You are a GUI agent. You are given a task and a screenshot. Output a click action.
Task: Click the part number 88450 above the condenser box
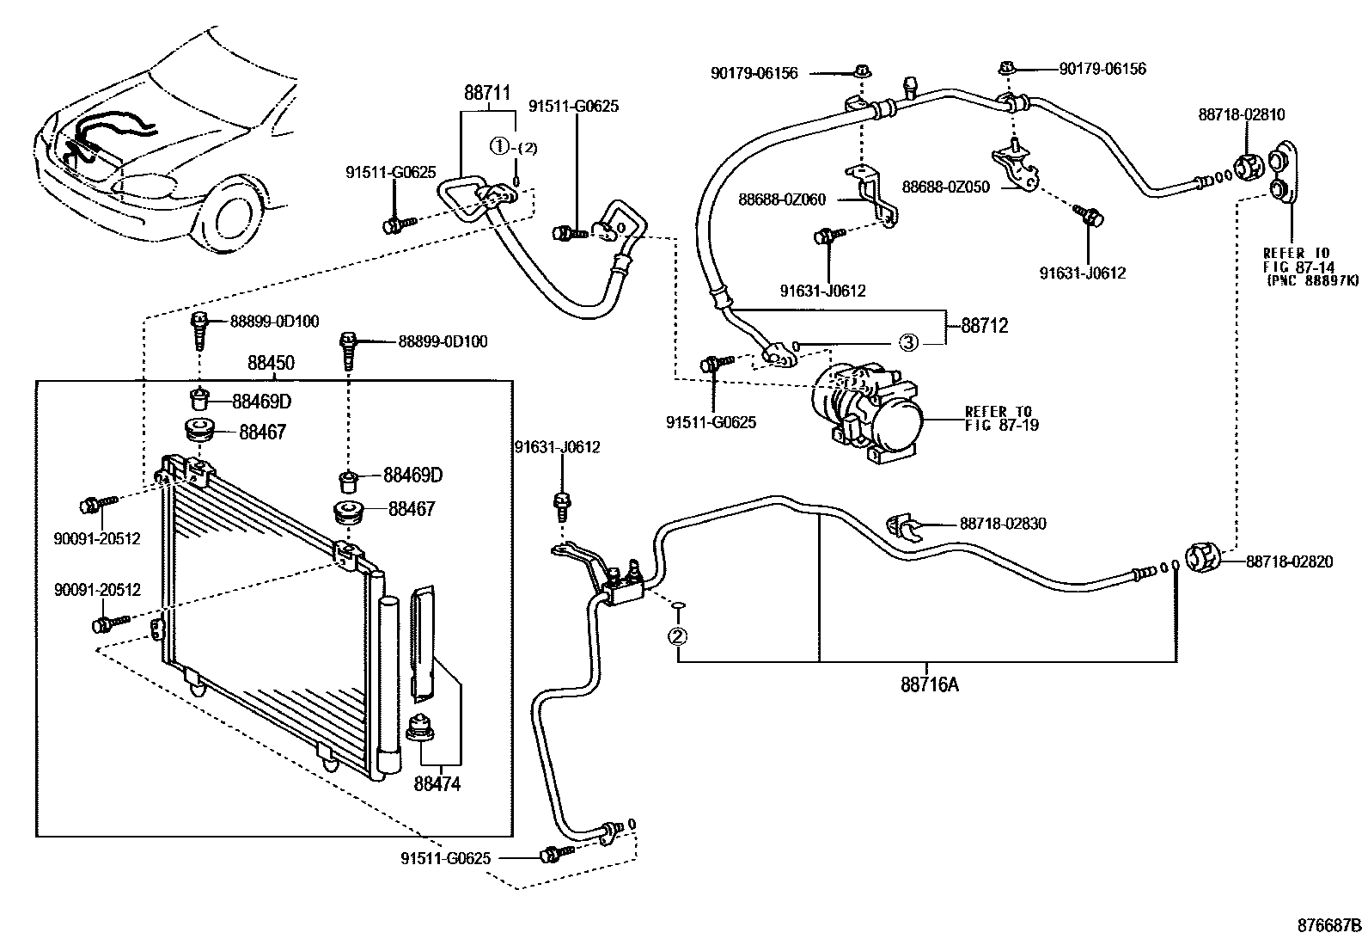click(271, 364)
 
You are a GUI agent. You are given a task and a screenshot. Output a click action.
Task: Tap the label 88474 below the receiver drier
click(437, 784)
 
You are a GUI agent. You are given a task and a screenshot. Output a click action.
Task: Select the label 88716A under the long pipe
click(930, 684)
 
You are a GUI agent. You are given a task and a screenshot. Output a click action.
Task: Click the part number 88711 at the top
click(487, 93)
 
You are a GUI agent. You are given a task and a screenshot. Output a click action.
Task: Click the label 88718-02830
click(1003, 524)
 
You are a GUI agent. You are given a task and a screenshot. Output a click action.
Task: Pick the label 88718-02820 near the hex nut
click(1289, 561)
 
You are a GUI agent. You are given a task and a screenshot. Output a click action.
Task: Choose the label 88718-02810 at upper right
click(1242, 114)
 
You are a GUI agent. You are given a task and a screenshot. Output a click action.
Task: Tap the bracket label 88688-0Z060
click(782, 199)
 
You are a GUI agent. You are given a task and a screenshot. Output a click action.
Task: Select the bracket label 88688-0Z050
click(945, 186)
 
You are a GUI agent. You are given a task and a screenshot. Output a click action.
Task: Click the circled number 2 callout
click(678, 636)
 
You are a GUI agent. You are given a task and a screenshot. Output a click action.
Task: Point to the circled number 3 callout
click(908, 343)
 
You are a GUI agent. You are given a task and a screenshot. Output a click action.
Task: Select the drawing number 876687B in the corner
click(1329, 926)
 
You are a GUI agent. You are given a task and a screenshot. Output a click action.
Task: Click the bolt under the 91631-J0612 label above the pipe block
click(562, 505)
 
